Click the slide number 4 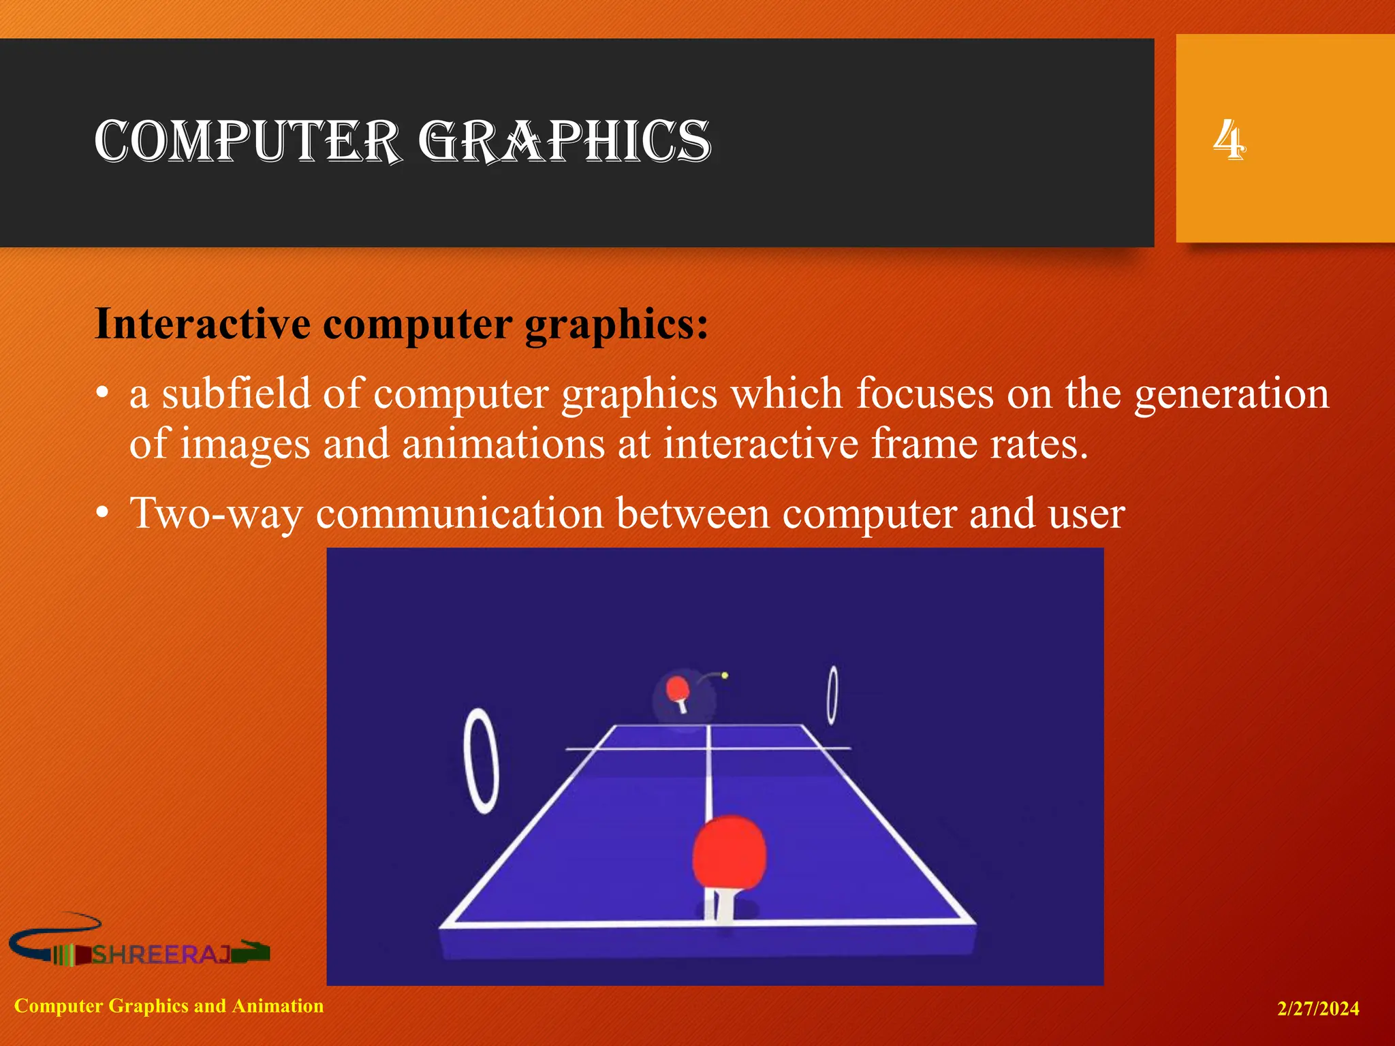1229,140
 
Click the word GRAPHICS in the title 565,141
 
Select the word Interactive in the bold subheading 202,323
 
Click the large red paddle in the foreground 729,852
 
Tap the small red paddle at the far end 678,689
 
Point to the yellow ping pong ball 725,676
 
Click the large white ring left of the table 481,761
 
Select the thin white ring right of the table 832,695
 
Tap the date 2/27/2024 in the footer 1318,1009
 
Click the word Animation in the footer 278,1006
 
